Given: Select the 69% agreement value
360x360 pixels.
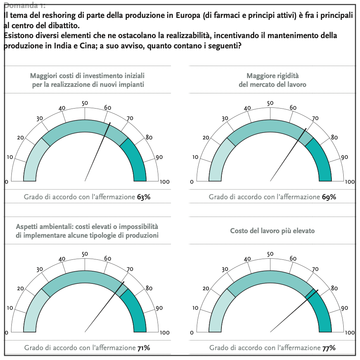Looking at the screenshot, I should coord(329,197).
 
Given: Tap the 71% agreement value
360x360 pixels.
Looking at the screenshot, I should coord(144,347).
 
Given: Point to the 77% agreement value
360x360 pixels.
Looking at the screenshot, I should coord(329,347).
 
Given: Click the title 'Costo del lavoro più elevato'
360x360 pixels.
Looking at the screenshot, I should coord(272,231).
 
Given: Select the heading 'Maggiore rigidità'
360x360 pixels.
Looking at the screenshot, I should coord(272,76).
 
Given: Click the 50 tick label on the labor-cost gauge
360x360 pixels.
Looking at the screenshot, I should coord(270,254).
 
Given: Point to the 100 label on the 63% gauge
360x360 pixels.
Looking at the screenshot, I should coord(164,182).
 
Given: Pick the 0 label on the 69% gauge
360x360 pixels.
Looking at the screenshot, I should coord(192,182).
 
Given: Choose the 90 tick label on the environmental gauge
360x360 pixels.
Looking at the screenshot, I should coord(159,308).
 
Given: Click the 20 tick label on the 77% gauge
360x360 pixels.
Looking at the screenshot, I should coord(205,288).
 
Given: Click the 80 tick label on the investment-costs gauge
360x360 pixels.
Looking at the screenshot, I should coord(149,138).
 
